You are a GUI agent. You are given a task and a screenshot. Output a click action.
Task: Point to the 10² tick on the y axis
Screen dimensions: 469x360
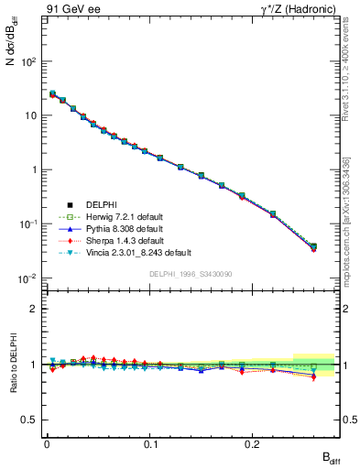(x=27, y=61)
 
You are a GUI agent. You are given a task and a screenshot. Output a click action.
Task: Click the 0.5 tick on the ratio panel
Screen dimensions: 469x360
(x=30, y=420)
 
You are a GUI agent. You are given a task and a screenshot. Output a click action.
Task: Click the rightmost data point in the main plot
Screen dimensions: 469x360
(x=313, y=246)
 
